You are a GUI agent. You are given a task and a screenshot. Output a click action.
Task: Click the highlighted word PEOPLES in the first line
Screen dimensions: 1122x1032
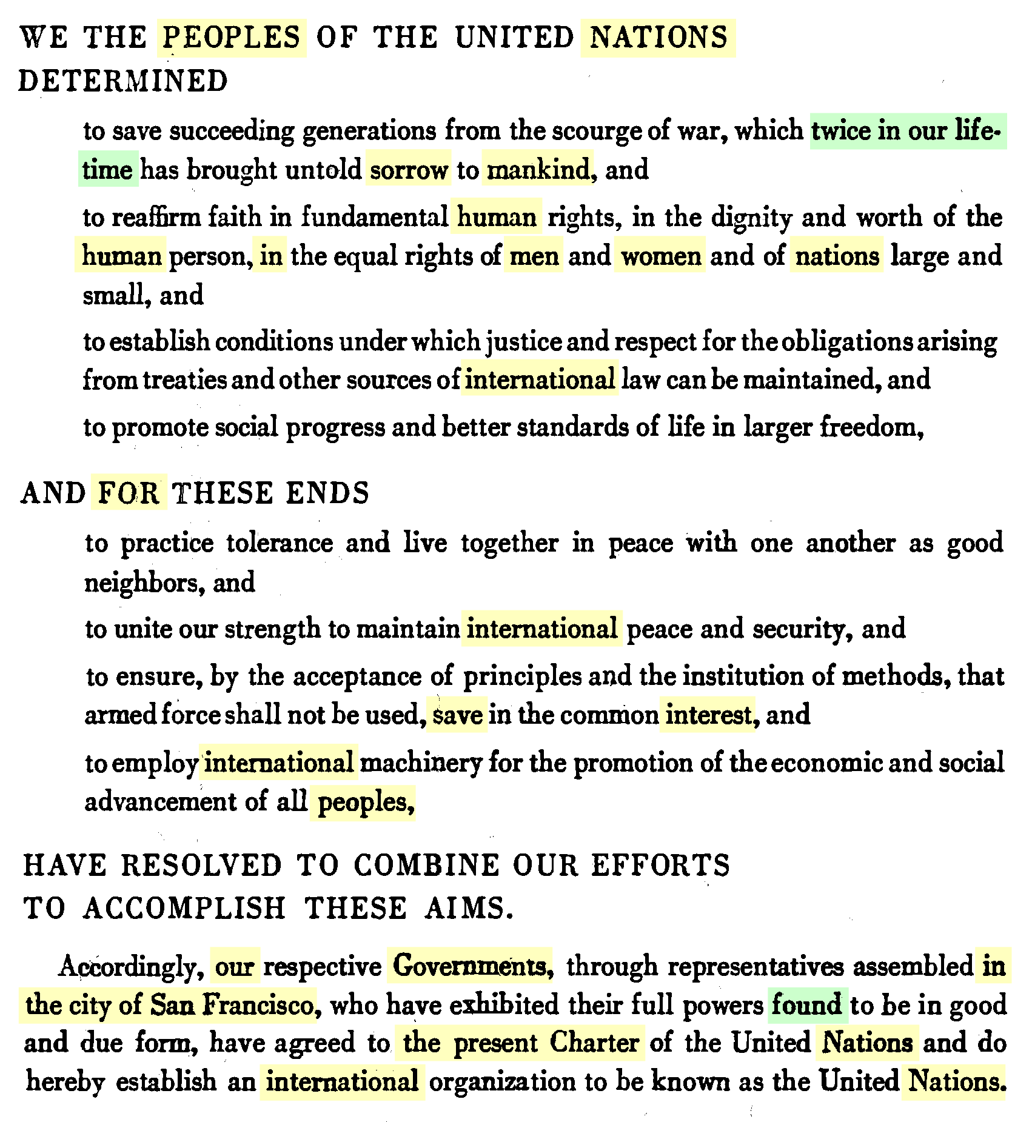(x=231, y=38)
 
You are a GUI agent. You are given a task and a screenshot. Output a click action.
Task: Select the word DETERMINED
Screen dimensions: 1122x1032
(x=123, y=81)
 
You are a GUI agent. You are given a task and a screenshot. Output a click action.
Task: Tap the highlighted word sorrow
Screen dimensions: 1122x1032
(x=409, y=170)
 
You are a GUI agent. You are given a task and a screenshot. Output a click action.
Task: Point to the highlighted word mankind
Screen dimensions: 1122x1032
(x=538, y=170)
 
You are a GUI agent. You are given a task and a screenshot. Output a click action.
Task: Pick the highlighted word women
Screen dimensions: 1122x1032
(x=661, y=256)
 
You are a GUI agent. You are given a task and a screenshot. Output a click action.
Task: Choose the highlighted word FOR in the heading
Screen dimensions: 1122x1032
(x=129, y=492)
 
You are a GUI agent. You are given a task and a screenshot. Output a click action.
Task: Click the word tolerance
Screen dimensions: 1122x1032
(x=280, y=543)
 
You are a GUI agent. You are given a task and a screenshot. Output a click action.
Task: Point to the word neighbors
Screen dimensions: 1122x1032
(x=140, y=583)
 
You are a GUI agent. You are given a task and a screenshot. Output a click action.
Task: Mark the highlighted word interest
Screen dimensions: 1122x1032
(x=708, y=715)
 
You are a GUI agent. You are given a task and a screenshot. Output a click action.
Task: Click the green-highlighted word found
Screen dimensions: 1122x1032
(x=806, y=1004)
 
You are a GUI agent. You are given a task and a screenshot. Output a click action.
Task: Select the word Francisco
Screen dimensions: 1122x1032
(x=258, y=1004)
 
